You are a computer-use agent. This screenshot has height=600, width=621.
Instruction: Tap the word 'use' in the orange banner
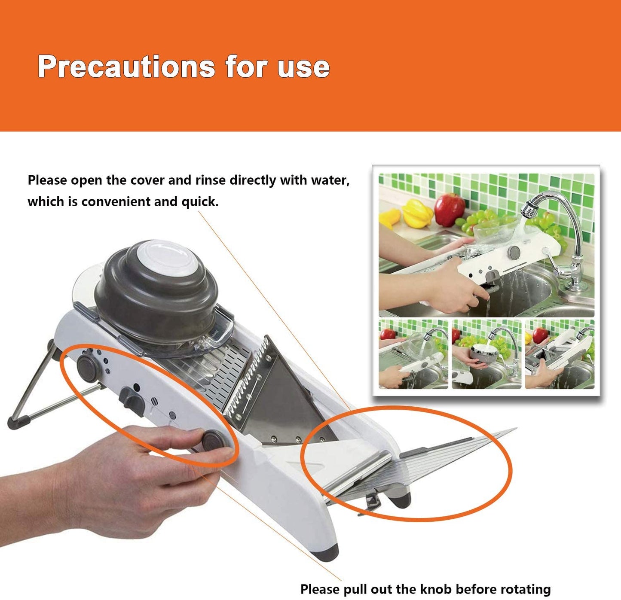[x=303, y=67]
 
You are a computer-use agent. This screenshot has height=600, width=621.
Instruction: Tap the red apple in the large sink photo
[x=449, y=209]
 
